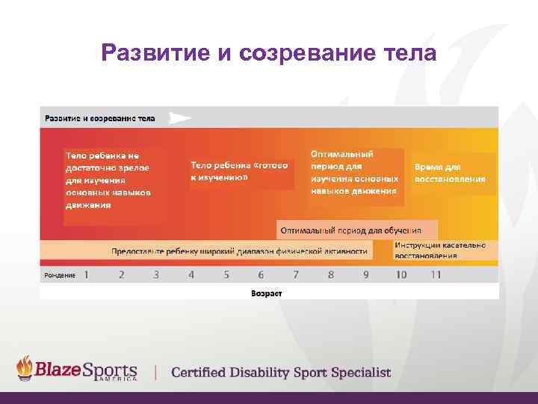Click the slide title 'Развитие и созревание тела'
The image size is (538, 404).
(268, 53)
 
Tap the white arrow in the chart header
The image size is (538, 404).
(179, 117)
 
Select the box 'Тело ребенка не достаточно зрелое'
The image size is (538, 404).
(109, 180)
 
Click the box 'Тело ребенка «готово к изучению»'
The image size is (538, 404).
(239, 171)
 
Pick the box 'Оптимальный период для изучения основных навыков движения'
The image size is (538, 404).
(355, 172)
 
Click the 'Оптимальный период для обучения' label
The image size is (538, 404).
(351, 230)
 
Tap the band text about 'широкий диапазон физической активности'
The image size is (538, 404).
(239, 251)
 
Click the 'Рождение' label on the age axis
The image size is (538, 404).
(60, 275)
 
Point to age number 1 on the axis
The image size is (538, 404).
(86, 275)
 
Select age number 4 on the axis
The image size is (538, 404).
(191, 275)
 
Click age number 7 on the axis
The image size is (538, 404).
(296, 275)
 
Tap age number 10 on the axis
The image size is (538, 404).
(401, 275)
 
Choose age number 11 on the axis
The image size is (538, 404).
(436, 275)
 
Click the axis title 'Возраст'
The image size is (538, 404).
(267, 293)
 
